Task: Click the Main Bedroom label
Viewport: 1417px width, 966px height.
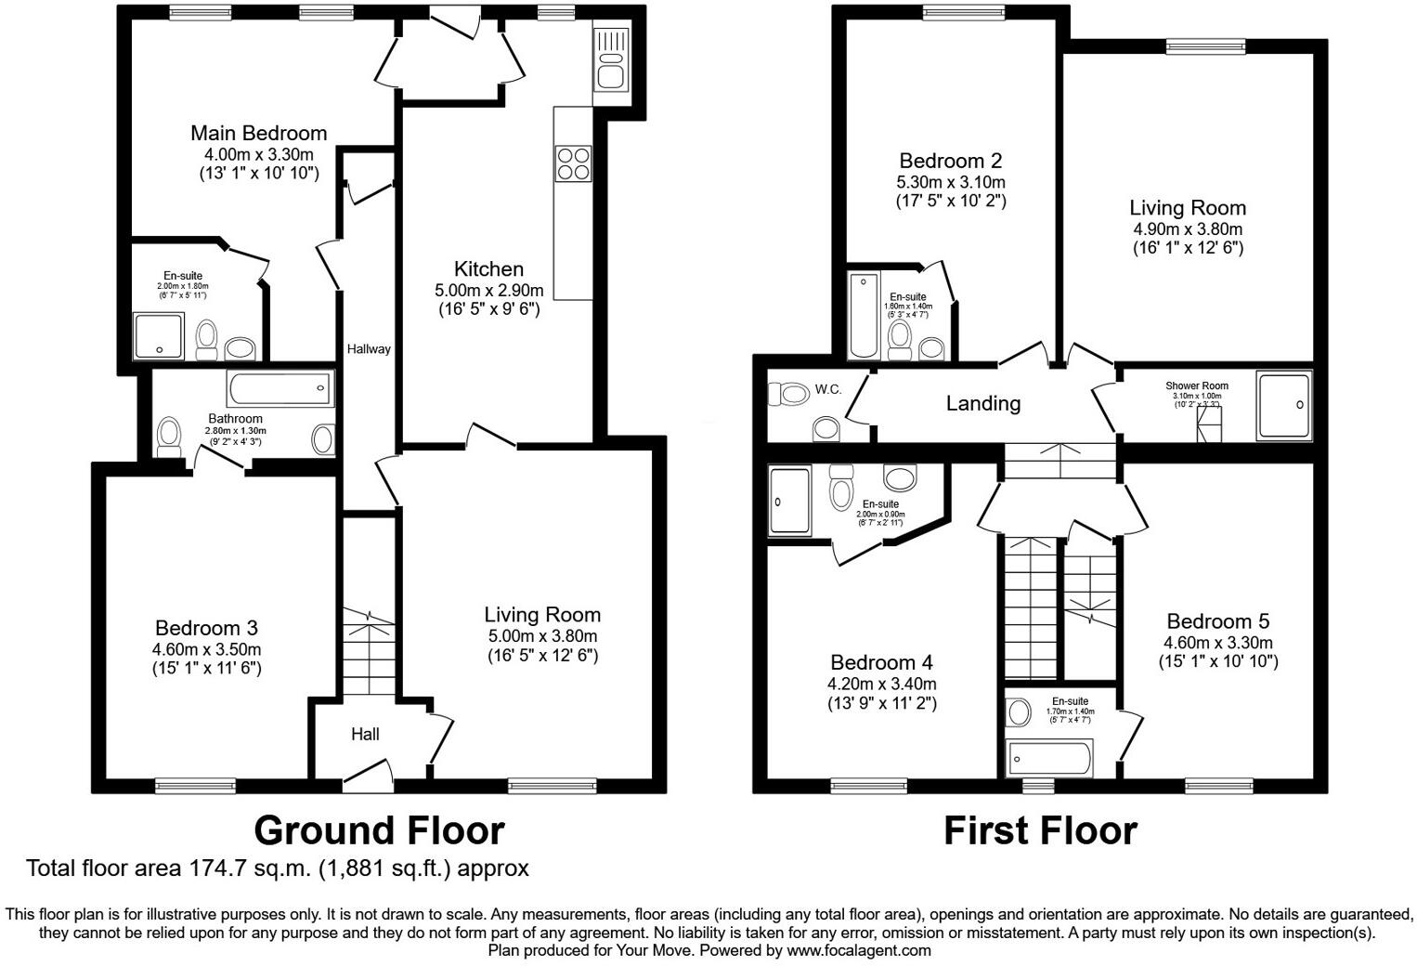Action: point(258,133)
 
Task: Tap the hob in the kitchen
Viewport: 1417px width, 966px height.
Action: point(572,163)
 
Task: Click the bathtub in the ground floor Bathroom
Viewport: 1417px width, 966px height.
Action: point(279,388)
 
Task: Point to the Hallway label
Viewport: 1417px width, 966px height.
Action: point(369,349)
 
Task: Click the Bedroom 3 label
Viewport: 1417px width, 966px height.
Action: point(206,628)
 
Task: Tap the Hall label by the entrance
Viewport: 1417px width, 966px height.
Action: point(365,734)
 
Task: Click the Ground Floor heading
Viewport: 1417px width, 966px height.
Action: point(379,830)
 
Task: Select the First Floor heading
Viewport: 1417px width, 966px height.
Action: point(1040,830)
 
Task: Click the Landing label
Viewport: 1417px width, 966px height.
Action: point(982,403)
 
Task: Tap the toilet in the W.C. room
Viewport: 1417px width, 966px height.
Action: point(791,393)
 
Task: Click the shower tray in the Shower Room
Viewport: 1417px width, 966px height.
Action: point(1283,405)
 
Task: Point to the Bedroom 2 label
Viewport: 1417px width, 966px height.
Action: point(951,161)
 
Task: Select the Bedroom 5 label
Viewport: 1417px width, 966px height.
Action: point(1217,621)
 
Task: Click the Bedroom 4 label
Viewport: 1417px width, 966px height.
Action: point(881,662)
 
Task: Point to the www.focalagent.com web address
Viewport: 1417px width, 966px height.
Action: point(858,950)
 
